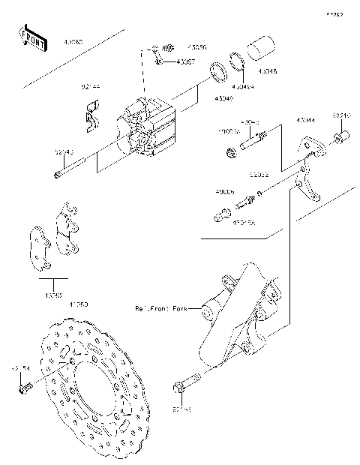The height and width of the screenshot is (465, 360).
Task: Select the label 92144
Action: (x=91, y=86)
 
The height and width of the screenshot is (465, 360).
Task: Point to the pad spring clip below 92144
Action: (x=91, y=116)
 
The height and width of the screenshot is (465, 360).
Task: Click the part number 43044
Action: (x=306, y=119)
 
